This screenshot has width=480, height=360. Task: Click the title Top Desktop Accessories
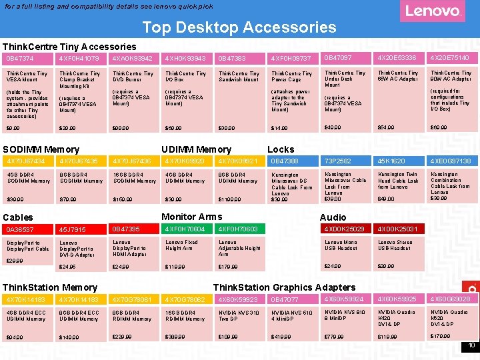239,27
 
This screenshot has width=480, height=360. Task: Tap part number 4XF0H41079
80,59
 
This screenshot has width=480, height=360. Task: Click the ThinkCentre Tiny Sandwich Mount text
239,77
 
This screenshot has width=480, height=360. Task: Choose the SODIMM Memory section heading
41,149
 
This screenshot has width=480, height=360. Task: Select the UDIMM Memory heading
196,149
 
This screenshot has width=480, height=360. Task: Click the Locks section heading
281,149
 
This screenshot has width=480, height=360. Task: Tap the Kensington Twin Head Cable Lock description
398,181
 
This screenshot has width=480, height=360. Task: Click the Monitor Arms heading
192,216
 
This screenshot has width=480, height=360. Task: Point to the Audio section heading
333,217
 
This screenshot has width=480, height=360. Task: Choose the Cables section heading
18,217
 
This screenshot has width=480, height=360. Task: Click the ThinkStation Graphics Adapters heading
284,287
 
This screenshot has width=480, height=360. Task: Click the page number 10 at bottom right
471,345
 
